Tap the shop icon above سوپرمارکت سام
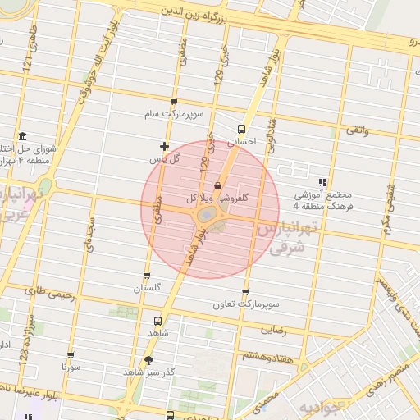[x=173, y=101]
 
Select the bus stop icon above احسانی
[x=241, y=129]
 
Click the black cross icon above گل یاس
[x=165, y=146]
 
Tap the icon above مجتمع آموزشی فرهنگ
[x=323, y=182]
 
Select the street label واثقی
[x=358, y=130]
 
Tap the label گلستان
[x=148, y=289]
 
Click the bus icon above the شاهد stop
[x=157, y=321]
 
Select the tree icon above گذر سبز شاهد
[x=148, y=359]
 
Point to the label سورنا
[x=70, y=367]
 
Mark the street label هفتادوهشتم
[x=264, y=355]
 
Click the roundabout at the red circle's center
[x=208, y=216]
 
